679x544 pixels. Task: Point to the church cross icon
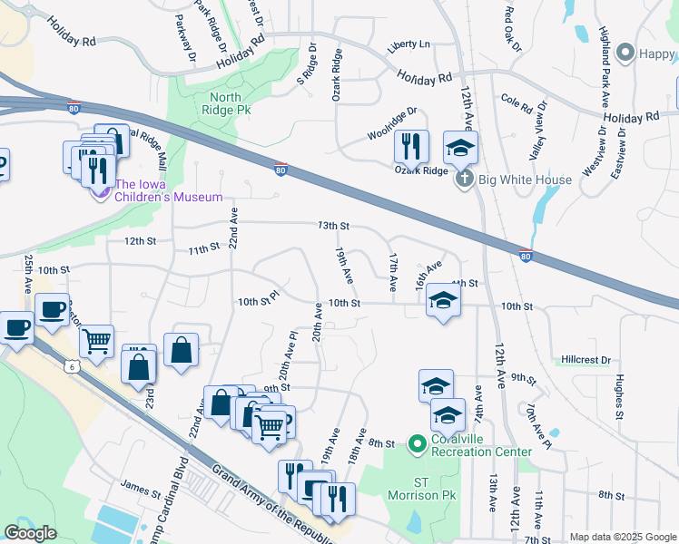pos(464,179)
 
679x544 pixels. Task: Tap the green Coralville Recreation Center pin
pos(417,443)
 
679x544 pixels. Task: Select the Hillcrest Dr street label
pos(586,360)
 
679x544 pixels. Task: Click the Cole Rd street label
pos(516,103)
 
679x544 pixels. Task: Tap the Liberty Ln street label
pos(408,44)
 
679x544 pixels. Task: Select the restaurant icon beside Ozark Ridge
pos(411,145)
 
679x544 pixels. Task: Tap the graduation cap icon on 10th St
pos(442,300)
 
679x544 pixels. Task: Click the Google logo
pos(30,533)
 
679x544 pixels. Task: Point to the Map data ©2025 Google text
pos(622,537)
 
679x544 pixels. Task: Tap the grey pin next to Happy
pos(624,54)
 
